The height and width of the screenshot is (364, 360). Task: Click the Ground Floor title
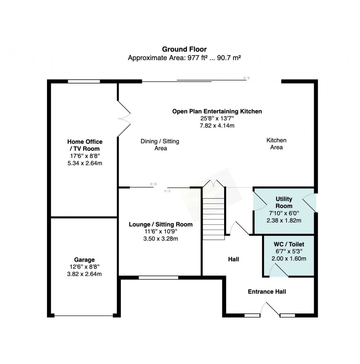184,49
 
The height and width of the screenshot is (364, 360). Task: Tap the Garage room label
84,260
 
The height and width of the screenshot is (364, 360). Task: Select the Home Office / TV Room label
85,145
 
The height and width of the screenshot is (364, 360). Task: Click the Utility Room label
284,203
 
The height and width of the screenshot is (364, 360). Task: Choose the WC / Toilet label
289,244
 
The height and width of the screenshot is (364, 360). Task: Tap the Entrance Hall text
267,292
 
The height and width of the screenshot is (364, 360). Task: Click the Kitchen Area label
276,144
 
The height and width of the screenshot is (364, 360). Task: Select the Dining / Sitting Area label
160,145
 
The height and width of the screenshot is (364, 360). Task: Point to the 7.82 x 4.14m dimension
217,125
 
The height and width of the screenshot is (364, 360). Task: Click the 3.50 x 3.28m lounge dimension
161,239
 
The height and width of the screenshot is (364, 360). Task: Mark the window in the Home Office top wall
84,81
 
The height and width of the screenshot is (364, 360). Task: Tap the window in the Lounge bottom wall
158,278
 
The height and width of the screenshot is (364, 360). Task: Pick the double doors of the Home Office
124,119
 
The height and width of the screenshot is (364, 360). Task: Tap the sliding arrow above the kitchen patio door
246,78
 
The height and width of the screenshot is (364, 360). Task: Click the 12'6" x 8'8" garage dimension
84,267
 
